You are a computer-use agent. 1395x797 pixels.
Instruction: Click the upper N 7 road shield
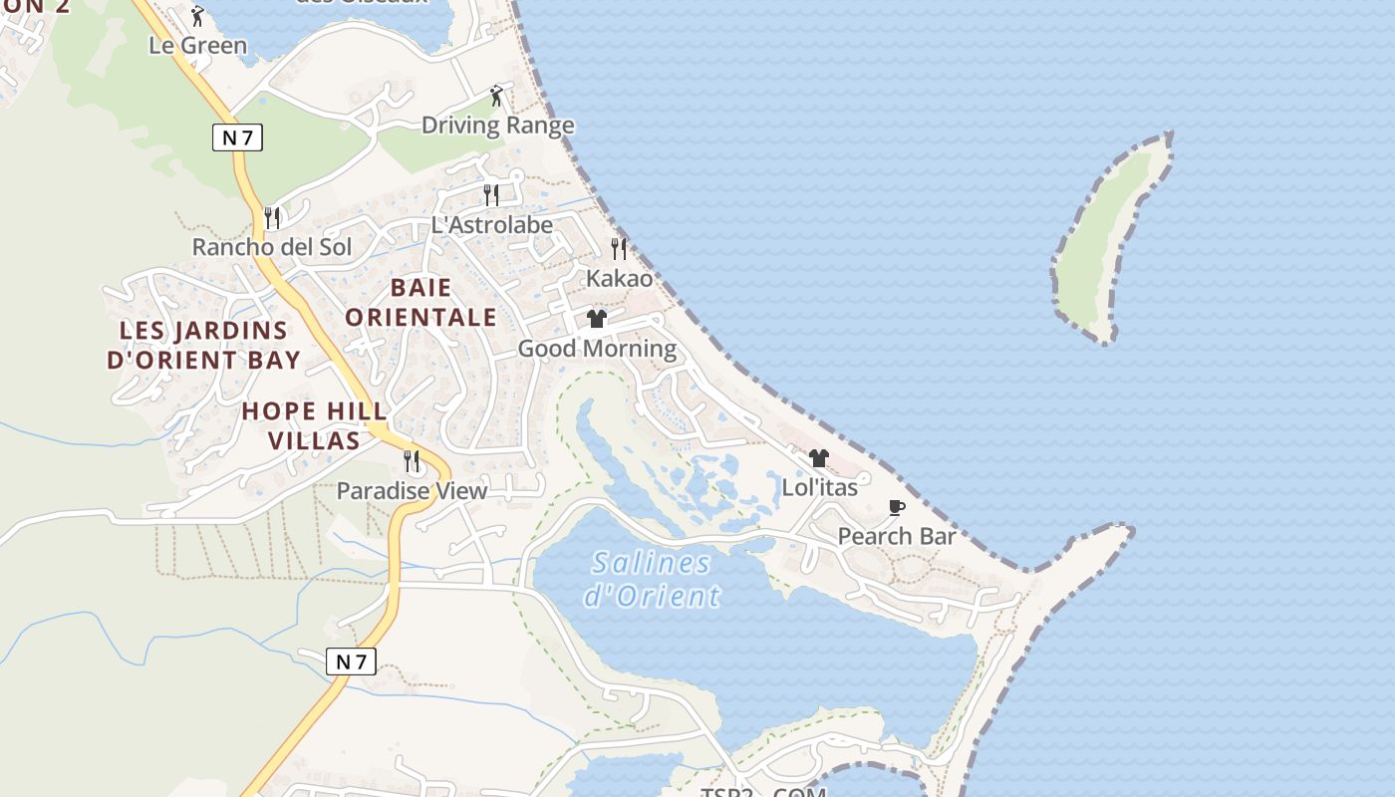tap(237, 137)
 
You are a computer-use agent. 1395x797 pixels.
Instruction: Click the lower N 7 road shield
tap(351, 661)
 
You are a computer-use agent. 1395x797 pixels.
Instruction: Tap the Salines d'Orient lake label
tap(652, 579)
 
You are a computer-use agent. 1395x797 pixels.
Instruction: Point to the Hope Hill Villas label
tap(314, 425)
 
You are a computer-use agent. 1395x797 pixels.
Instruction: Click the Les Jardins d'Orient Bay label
tap(203, 345)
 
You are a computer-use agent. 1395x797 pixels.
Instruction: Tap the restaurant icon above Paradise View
tap(411, 461)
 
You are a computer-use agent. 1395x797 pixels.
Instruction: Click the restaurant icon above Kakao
tap(619, 248)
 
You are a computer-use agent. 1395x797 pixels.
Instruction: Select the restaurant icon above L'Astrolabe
tap(491, 194)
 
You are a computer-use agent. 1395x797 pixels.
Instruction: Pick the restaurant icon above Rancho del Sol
tap(271, 217)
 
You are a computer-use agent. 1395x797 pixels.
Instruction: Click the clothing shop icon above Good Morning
tap(597, 319)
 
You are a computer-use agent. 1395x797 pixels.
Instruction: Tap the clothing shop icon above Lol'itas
tap(819, 458)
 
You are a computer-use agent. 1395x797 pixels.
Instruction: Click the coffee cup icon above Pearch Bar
tap(897, 508)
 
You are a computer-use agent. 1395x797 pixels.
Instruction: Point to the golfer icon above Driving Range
tap(496, 96)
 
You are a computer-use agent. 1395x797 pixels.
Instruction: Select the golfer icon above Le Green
tap(197, 16)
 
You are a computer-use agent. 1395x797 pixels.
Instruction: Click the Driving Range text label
tap(498, 126)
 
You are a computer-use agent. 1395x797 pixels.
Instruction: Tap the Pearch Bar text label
tap(897, 536)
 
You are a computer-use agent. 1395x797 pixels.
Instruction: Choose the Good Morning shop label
tap(597, 349)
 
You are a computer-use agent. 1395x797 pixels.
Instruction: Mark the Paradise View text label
tap(412, 490)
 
